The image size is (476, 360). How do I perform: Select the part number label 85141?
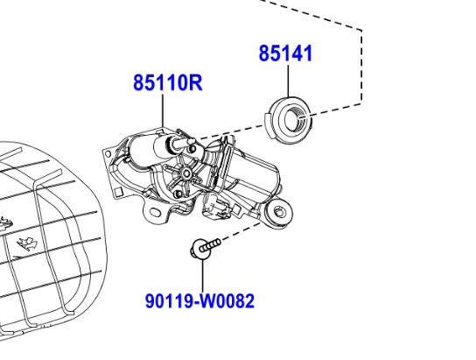285,53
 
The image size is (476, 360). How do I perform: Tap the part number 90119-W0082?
199,301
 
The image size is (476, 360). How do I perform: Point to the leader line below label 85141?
287,81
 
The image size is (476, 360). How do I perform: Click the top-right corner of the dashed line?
361,29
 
